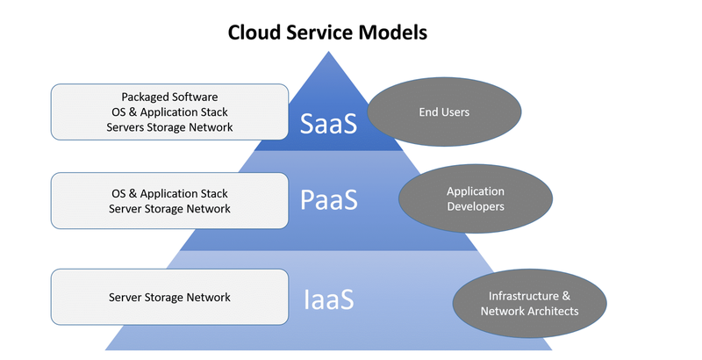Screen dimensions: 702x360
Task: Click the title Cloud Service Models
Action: (x=327, y=32)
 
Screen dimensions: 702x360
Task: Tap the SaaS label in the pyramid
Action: (x=328, y=123)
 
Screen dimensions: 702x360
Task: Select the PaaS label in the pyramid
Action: (x=329, y=199)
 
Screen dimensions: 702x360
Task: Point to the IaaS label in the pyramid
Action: (x=329, y=299)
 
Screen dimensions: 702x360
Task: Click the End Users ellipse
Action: (x=444, y=112)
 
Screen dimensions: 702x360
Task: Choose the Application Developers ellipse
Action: (x=476, y=198)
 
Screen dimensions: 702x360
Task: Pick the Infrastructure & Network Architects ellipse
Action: (x=530, y=303)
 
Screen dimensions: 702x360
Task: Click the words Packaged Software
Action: (x=169, y=97)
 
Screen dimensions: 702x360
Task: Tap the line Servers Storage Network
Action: (x=169, y=127)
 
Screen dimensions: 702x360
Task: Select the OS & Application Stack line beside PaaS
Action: (x=169, y=193)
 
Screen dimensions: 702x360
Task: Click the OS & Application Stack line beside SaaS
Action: (x=169, y=112)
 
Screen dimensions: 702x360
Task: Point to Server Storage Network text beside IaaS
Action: (x=169, y=298)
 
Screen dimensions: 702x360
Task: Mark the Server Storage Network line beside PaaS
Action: (x=169, y=209)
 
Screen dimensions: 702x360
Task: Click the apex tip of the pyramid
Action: (x=328, y=52)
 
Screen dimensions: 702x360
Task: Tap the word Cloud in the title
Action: (x=254, y=32)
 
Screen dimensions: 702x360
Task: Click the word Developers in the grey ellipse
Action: (x=476, y=206)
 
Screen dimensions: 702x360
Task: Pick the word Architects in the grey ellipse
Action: (x=554, y=311)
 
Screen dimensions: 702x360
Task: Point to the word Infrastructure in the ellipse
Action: (x=523, y=296)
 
